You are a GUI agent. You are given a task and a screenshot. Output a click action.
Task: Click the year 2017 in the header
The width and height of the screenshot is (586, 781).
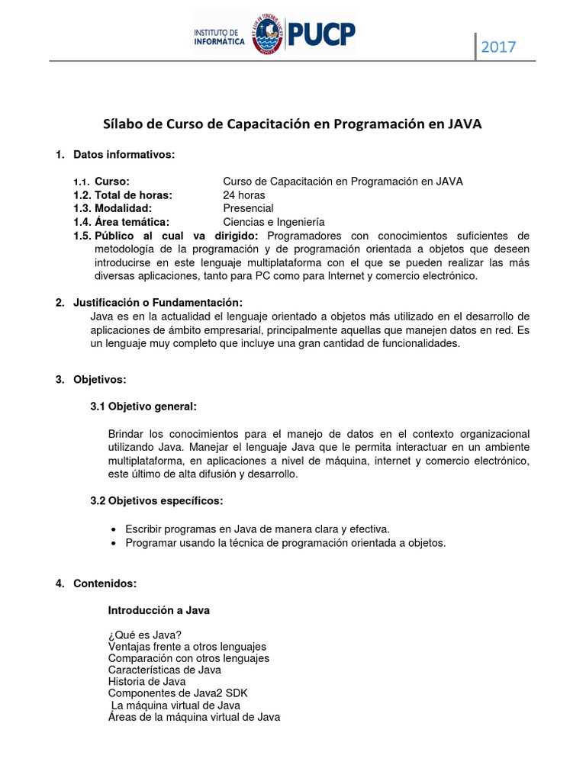pyautogui.click(x=498, y=47)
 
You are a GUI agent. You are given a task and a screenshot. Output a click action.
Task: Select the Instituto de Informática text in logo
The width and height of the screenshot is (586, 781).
pyautogui.click(x=220, y=38)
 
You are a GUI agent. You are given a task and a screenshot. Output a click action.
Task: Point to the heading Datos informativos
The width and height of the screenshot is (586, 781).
pyautogui.click(x=124, y=155)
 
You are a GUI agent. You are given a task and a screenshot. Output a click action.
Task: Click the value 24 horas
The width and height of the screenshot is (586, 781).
pyautogui.click(x=243, y=194)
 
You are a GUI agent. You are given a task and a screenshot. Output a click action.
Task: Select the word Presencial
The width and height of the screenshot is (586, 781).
pyautogui.click(x=248, y=208)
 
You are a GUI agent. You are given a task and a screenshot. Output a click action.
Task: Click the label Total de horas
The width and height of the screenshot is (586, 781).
pyautogui.click(x=134, y=194)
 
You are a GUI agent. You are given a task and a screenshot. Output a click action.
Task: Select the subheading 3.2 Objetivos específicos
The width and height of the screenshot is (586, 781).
pyautogui.click(x=156, y=501)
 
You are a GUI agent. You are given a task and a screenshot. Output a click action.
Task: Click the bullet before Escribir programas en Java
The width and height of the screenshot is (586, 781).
pyautogui.click(x=114, y=529)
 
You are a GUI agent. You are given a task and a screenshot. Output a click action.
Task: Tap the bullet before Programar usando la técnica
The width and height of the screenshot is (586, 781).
pyautogui.click(x=114, y=543)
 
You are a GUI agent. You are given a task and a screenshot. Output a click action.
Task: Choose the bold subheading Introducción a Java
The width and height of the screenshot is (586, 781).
pyautogui.click(x=159, y=610)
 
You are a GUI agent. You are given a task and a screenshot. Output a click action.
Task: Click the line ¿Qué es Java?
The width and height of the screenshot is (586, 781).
pyautogui.click(x=145, y=635)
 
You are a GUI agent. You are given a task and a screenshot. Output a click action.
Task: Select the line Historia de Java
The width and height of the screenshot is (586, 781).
pyautogui.click(x=146, y=681)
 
